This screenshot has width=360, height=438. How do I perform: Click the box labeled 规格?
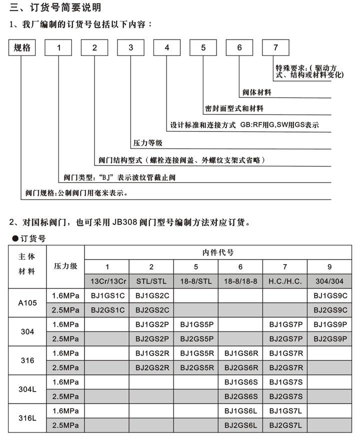[22, 48]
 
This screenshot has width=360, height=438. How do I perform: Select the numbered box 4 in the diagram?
[166, 48]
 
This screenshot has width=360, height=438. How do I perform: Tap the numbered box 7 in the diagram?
[275, 48]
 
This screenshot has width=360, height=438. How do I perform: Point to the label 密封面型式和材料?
[234, 108]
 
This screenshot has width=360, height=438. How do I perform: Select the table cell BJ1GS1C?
[107, 295]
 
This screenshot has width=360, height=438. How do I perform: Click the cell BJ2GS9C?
[330, 309]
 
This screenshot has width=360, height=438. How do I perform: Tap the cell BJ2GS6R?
[241, 367]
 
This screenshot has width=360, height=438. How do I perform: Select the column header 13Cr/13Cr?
[107, 281]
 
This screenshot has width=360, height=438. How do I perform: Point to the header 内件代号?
[218, 252]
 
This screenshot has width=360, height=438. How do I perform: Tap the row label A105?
[27, 302]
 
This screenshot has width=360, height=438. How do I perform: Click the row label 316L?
[27, 418]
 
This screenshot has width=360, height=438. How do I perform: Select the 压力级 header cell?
[65, 266]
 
